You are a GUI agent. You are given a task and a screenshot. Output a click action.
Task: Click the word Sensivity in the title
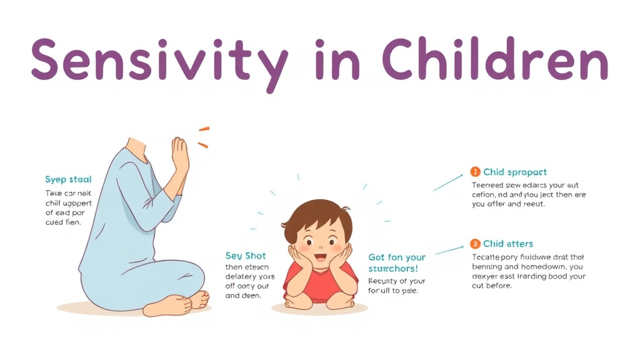pyautogui.click(x=159, y=60)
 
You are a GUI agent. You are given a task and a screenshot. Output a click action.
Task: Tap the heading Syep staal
pyautogui.click(x=68, y=179)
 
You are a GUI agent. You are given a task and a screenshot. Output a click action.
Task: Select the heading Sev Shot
pyautogui.click(x=246, y=256)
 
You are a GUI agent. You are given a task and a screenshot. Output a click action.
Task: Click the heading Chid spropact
pyautogui.click(x=515, y=172)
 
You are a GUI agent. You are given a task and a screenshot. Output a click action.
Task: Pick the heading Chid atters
pyautogui.click(x=508, y=244)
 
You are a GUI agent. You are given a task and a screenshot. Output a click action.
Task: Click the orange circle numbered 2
pyautogui.click(x=475, y=172)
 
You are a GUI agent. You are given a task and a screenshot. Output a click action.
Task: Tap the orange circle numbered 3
pyautogui.click(x=475, y=244)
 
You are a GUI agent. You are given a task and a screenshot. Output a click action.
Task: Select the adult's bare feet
pyautogui.click(x=181, y=302)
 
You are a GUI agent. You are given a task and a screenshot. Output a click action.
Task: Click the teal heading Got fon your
pyautogui.click(x=396, y=257)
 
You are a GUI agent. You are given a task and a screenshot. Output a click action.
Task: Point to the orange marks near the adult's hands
pyautogui.click(x=203, y=137)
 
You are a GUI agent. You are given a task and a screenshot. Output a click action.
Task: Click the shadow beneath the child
pyautogui.click(x=319, y=309)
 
